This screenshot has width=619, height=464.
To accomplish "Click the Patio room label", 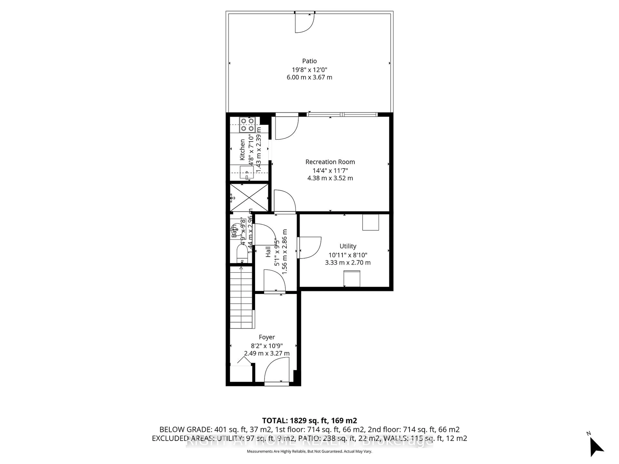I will (309, 61).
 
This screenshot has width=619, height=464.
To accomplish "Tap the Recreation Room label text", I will (330, 162).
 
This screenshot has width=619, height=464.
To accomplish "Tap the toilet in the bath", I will (242, 253).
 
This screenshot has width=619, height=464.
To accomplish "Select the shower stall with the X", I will (249, 198).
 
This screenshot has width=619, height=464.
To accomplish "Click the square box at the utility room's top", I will (370, 222).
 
